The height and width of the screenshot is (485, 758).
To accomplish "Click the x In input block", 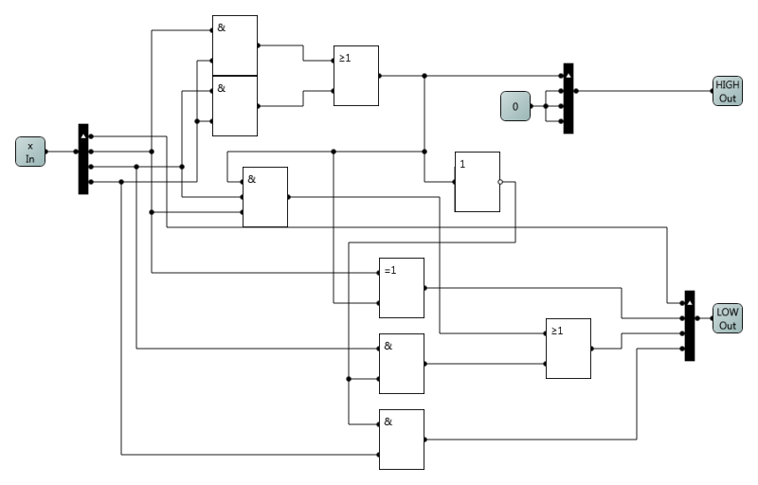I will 30,152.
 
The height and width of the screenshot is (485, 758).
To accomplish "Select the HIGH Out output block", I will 727,91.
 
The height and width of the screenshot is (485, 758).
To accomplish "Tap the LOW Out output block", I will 727,318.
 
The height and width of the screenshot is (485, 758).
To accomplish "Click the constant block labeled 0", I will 515,106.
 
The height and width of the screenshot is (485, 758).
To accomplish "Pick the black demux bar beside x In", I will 83,159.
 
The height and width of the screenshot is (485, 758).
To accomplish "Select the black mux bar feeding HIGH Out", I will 568,99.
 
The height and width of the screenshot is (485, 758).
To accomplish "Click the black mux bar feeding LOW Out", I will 690,325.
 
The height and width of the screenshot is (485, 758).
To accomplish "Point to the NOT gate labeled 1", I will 477,182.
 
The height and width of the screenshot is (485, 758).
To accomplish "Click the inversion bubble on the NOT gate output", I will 501,182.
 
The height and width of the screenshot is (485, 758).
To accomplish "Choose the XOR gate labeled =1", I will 402,288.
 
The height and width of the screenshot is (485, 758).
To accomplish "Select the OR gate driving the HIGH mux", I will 356,76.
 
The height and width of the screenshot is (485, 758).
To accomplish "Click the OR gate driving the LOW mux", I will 568,349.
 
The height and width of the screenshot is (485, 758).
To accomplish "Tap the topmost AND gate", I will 235,45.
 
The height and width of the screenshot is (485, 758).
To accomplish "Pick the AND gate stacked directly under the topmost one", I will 235,106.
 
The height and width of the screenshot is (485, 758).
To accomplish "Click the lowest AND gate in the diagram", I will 402,440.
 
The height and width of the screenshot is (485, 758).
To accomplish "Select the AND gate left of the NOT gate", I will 265,197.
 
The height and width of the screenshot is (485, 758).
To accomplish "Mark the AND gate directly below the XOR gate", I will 402,364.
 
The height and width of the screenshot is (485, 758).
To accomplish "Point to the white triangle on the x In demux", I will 83,135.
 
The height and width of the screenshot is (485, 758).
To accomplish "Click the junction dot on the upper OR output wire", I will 424,76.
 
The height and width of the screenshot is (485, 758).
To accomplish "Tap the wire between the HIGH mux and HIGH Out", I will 644,91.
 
